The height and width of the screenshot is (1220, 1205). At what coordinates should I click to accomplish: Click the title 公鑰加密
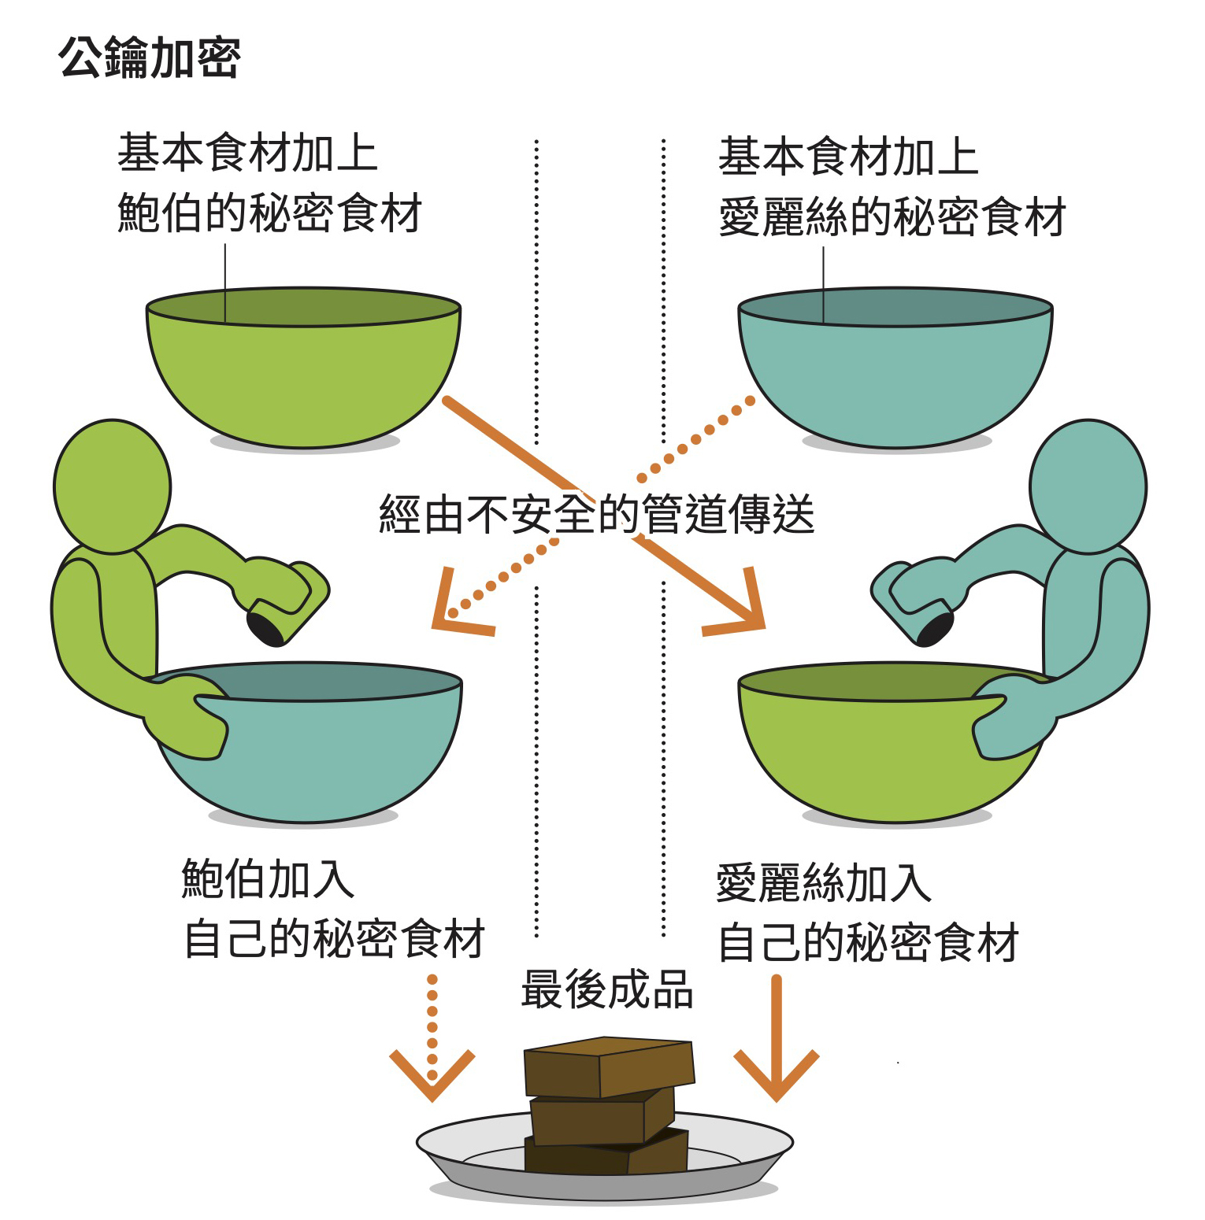coord(149,57)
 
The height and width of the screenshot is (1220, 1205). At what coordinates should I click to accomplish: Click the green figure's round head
coord(112,486)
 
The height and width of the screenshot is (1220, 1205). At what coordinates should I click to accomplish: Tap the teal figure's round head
coord(1088,486)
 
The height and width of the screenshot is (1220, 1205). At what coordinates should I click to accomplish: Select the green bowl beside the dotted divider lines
coord(303,370)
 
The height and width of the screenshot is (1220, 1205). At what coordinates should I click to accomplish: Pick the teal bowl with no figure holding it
coord(895,370)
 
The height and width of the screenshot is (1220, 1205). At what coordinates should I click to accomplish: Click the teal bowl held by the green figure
coord(331,756)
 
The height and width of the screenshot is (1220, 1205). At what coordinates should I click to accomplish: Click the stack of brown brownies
coord(607,1102)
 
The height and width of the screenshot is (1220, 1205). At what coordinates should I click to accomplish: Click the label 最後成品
coord(606,989)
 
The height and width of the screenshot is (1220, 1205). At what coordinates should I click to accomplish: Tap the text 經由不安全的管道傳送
coord(596,514)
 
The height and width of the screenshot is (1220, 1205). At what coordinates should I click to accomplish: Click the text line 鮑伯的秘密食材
coord(269,213)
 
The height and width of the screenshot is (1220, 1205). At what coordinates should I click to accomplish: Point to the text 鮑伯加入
coord(268,878)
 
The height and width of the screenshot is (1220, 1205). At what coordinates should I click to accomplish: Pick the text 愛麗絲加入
coord(824,882)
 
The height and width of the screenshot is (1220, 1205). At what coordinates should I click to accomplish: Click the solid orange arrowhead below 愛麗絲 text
coord(776,1078)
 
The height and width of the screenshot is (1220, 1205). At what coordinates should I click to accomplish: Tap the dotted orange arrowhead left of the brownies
coord(432,1078)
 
